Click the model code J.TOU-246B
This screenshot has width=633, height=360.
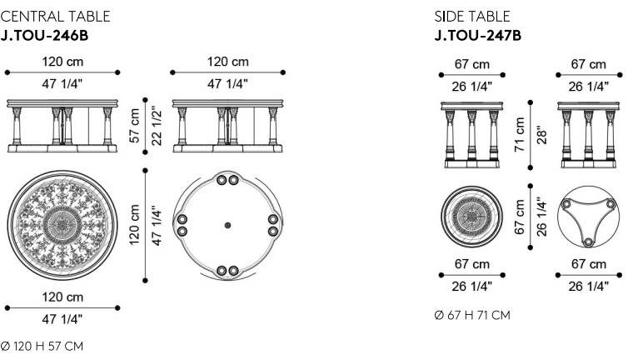coord(44,36)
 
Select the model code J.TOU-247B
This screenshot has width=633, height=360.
coord(477,36)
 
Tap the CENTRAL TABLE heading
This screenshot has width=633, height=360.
coord(55,17)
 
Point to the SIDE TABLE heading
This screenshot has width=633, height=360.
coord(472,17)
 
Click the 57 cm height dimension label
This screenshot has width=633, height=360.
coord(134,125)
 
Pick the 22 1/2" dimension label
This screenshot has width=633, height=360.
coord(156,126)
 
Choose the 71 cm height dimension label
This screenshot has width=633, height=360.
coord(520,134)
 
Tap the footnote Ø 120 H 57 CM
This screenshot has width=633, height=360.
coord(42,347)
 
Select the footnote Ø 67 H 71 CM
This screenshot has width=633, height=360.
coord(472,315)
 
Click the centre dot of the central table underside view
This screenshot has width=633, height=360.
coord(227,225)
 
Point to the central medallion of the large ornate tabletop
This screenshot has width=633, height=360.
coord(62,225)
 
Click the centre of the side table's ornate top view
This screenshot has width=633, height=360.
coord(471,217)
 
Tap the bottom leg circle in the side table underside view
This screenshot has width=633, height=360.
coord(588,242)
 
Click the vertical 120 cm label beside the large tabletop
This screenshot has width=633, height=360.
coord(134,225)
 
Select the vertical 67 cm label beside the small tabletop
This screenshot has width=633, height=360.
coord(520,217)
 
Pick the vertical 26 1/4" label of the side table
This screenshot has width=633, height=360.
coord(541,217)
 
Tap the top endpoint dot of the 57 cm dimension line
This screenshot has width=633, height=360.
coord(145,99)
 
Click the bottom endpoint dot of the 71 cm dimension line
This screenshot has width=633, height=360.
coord(531,167)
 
